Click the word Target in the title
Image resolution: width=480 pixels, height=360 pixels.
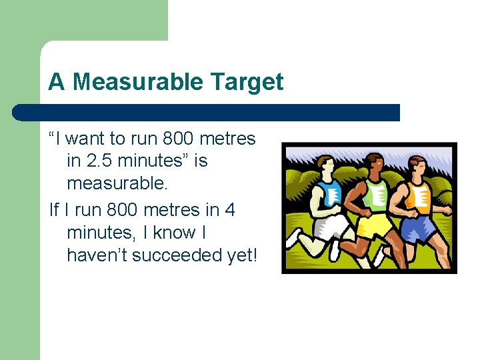coord(247,82)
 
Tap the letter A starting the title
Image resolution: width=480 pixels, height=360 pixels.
coord(56,82)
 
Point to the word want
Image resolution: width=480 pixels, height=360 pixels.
coord(86,138)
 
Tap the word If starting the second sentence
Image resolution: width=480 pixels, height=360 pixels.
coord(55,209)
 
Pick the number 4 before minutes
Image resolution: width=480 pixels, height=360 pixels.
coord(229,209)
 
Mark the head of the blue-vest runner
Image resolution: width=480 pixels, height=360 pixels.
coord(326,167)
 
